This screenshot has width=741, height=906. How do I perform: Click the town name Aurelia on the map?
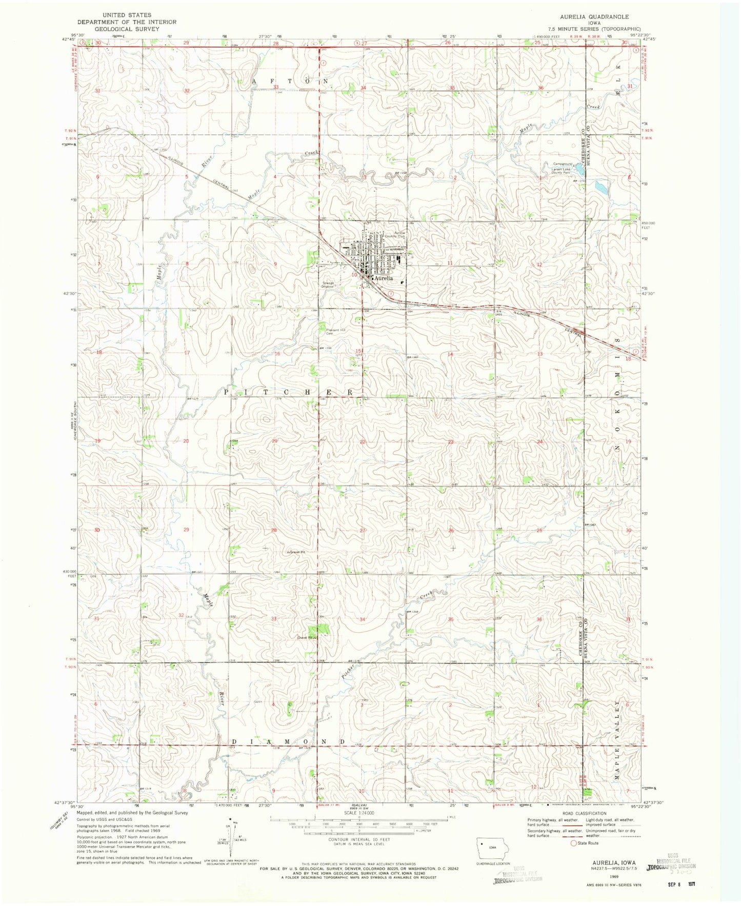pos(384,278)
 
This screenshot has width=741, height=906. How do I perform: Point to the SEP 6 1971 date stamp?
pos(685,885)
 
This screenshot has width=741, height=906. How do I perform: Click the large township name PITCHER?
pos(289,392)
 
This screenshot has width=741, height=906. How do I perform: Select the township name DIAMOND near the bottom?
pos(288,742)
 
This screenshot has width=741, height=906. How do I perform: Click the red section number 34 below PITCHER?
pos(363,619)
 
